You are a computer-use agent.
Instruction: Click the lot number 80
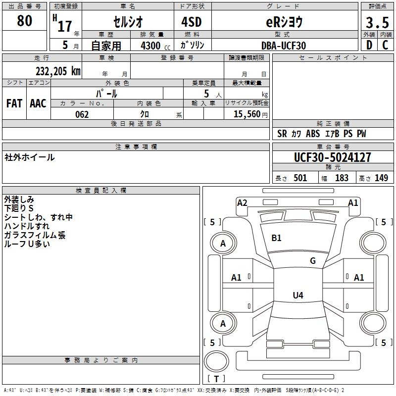[25, 21]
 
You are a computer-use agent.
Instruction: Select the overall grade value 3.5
[376, 23]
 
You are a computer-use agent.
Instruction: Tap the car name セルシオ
[127, 22]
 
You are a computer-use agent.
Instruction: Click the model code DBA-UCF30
[284, 46]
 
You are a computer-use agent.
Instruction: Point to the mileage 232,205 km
[58, 71]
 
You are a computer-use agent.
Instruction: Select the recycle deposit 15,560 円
[247, 114]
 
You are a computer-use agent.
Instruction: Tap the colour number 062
[82, 114]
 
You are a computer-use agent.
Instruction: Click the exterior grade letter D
[369, 46]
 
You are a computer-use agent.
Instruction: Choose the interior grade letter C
[385, 46]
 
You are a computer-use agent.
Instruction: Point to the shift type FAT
[14, 103]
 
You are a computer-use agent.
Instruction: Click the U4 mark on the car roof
[297, 296]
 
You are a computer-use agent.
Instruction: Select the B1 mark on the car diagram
[276, 238]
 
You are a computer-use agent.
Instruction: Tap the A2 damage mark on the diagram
[242, 202]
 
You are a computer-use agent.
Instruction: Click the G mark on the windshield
[313, 261]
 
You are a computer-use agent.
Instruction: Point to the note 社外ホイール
[30, 157]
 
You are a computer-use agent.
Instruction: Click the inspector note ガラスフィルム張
[35, 235]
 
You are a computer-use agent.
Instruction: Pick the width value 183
[342, 178]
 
